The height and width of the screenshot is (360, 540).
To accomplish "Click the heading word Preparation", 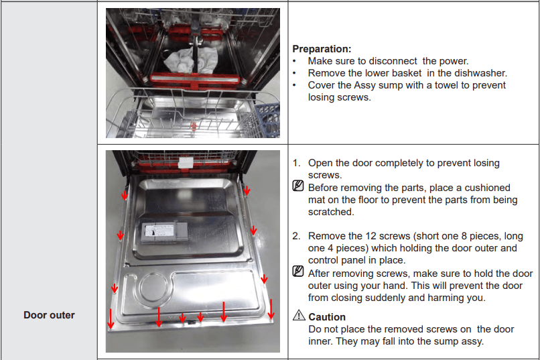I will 322,49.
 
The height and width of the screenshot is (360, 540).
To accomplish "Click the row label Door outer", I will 49,314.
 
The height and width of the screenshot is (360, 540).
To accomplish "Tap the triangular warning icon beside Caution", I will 299,316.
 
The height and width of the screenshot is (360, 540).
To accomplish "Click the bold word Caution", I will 327,317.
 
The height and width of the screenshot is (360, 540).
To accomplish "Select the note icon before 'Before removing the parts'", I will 299,188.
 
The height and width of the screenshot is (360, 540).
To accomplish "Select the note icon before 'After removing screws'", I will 299,273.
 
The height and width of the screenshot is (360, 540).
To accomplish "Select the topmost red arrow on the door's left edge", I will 125,194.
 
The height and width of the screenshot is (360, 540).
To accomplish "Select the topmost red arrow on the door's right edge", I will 247,190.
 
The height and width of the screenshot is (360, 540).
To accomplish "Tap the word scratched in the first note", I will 330,212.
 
